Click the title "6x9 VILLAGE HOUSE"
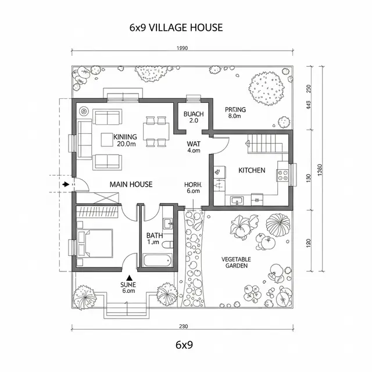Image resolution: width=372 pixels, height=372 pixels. click(x=176, y=27)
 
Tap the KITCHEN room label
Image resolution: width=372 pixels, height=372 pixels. click(x=252, y=170)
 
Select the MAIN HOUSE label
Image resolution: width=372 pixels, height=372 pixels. click(x=131, y=184)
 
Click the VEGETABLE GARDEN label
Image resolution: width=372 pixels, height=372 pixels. click(x=236, y=262)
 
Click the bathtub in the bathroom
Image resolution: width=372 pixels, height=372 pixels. click(x=157, y=259)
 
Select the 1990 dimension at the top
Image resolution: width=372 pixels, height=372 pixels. click(x=182, y=49)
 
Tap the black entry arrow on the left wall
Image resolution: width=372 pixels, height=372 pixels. click(x=66, y=184)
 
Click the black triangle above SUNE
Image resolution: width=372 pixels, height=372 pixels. click(x=128, y=277)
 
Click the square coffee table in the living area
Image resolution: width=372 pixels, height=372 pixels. click(x=107, y=139)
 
